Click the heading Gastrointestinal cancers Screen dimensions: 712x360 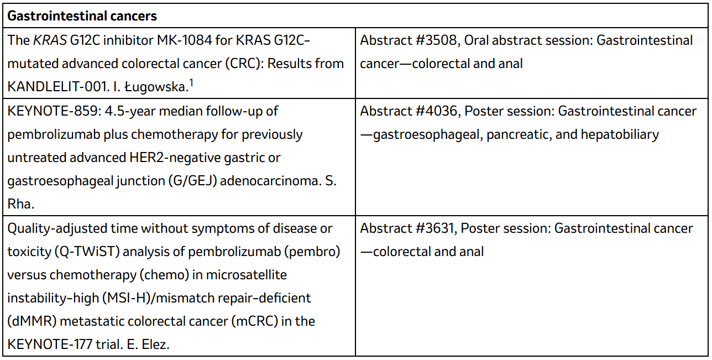(x=82, y=16)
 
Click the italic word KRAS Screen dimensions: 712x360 (x=50, y=40)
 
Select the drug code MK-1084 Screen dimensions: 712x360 (x=185, y=40)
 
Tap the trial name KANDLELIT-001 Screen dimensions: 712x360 (x=58, y=87)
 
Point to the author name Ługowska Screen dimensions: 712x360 (x=156, y=87)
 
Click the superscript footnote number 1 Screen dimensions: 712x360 (x=191, y=83)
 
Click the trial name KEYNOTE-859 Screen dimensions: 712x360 (x=53, y=111)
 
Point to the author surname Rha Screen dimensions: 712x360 (x=20, y=204)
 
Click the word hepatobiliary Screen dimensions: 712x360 (x=620, y=135)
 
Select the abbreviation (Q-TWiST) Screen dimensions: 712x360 (x=87, y=252)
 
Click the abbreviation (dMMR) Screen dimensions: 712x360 (x=32, y=321)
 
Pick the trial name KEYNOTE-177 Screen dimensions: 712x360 (x=50, y=345)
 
